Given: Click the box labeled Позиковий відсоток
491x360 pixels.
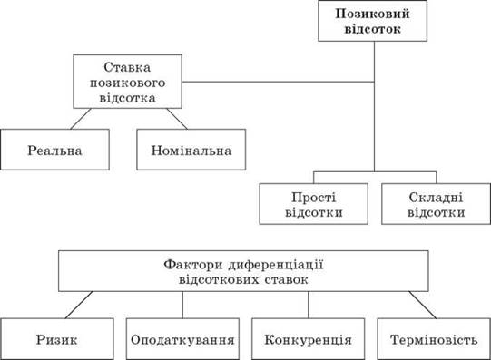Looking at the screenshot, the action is point(373,21).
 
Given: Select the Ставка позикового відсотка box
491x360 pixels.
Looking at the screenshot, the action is point(127,82).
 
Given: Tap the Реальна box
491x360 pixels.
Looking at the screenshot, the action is point(54,150).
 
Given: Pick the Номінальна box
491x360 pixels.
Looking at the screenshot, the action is point(191,150).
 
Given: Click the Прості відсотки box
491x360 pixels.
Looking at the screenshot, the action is point(313,204).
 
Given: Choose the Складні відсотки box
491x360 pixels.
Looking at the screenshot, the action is point(436,204).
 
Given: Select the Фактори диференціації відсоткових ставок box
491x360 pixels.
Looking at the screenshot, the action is point(243,271).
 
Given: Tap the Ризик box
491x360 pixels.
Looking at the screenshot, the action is point(56,339).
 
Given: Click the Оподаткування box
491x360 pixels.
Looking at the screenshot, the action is point(182,339).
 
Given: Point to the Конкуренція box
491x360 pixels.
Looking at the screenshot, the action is point(309,339).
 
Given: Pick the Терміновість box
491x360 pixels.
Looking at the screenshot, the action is point(434,339).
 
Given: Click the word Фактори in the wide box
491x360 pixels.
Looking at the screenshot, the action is point(193,265).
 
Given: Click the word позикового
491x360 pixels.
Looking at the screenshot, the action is point(127,83).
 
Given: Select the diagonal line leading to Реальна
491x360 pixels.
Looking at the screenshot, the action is point(81,119).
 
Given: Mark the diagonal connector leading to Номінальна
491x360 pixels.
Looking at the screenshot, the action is point(177,119).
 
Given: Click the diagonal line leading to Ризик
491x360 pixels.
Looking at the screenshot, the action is point(79,305).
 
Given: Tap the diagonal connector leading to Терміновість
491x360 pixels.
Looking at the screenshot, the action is point(422,305).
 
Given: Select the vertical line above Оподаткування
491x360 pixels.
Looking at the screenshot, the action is point(182,305).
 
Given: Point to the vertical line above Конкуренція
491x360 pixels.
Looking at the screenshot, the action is point(309,305).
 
